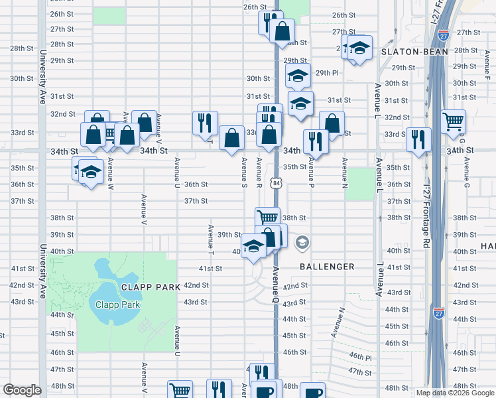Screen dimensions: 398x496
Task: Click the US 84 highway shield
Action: (x=275, y=182)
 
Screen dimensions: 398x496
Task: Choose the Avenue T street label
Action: (x=210, y=239)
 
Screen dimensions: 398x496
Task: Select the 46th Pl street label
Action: (x=361, y=356)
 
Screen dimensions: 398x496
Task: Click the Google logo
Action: (x=22, y=390)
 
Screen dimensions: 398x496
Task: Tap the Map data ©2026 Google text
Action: (x=454, y=393)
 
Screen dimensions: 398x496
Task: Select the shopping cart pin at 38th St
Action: (x=267, y=218)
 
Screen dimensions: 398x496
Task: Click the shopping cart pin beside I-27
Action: (x=453, y=121)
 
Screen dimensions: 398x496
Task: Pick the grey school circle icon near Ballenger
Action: (x=302, y=243)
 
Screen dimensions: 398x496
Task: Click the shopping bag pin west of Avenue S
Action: (x=231, y=138)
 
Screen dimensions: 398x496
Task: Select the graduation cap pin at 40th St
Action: (x=253, y=246)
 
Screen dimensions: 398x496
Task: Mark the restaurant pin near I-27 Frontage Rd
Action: (x=418, y=139)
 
